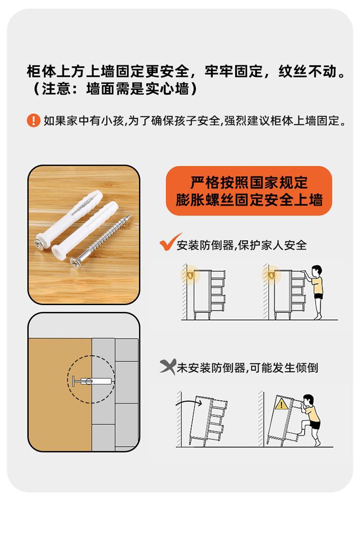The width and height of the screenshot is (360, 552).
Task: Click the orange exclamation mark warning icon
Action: click(x=34, y=121)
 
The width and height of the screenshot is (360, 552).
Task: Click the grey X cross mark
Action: click(x=168, y=367)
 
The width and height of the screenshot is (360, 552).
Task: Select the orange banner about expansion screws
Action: click(x=249, y=191)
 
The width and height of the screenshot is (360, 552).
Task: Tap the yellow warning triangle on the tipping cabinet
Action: click(x=282, y=404)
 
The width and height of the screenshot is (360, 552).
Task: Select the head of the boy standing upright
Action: click(x=317, y=271)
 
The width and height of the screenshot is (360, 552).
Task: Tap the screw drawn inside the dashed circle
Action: click(x=92, y=381)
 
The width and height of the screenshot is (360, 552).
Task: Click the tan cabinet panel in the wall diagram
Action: click(x=60, y=394)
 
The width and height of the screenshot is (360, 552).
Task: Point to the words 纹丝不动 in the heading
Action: click(x=308, y=72)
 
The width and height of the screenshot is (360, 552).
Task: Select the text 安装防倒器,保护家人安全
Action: click(x=242, y=245)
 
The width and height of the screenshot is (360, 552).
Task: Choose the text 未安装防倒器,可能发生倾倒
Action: click(x=247, y=368)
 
